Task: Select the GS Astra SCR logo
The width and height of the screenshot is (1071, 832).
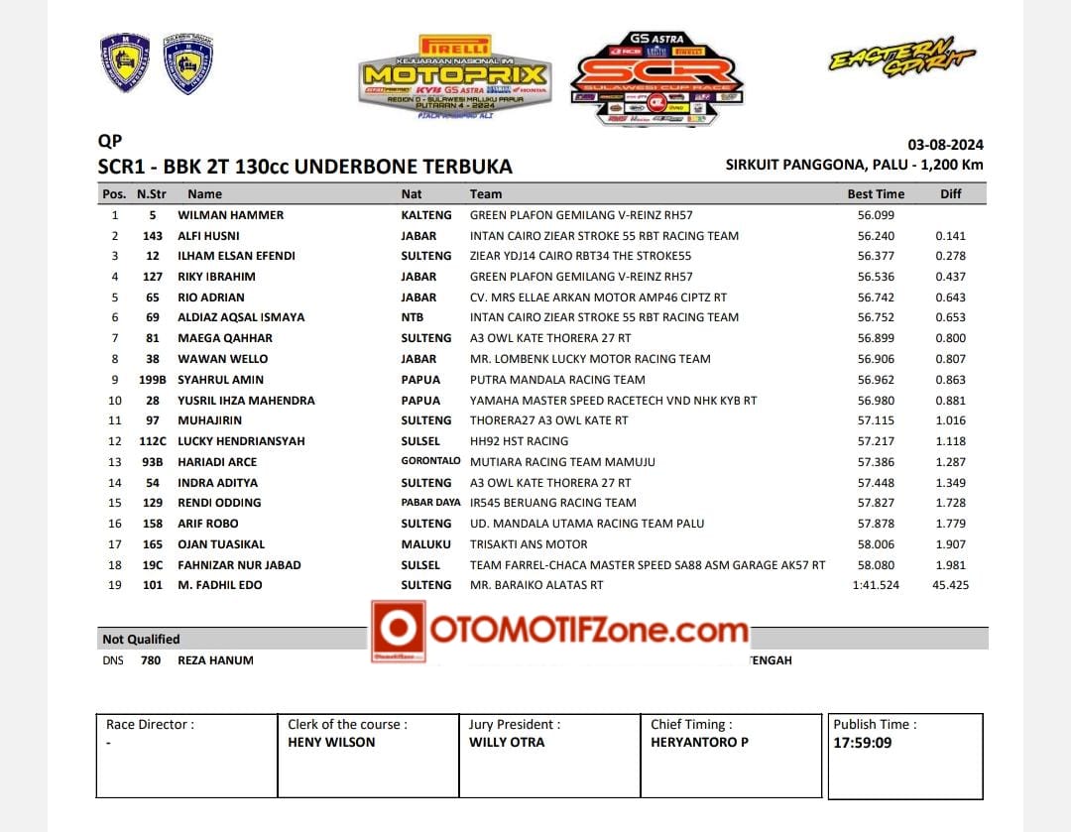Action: pyautogui.click(x=657, y=78)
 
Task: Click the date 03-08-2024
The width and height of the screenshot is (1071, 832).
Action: pyautogui.click(x=945, y=145)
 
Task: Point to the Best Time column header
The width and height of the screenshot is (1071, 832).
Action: pyautogui.click(x=876, y=194)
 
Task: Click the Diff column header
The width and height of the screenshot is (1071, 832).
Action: pyautogui.click(x=950, y=194)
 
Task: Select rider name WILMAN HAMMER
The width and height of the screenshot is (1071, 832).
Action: pyautogui.click(x=230, y=215)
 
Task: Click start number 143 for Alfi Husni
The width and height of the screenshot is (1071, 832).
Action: pyautogui.click(x=152, y=236)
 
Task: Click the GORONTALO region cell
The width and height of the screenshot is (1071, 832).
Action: pyautogui.click(x=430, y=461)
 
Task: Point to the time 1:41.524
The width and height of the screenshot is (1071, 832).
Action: pyautogui.click(x=876, y=585)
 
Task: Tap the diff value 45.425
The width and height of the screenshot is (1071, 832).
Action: pyautogui.click(x=951, y=585)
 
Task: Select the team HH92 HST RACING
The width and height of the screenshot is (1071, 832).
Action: pyautogui.click(x=519, y=441)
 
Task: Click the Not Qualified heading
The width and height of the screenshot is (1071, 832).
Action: pyautogui.click(x=141, y=640)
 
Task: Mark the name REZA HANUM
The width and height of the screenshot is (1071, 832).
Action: pyautogui.click(x=215, y=660)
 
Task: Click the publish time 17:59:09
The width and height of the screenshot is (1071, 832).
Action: pyautogui.click(x=862, y=742)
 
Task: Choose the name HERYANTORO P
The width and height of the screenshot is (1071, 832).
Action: pyautogui.click(x=699, y=742)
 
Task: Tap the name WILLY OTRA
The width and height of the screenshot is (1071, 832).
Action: pyautogui.click(x=507, y=742)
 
